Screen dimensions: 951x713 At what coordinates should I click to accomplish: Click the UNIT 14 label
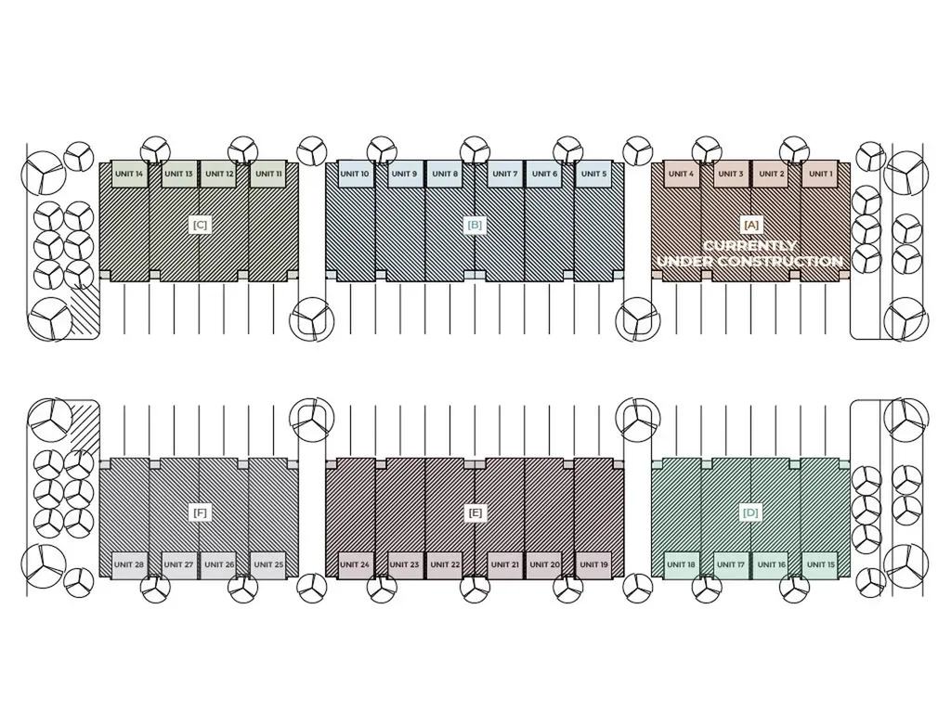pos(129,174)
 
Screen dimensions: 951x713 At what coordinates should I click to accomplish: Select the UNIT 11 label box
pos(268,174)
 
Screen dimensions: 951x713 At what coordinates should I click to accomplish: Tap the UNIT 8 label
pos(445,174)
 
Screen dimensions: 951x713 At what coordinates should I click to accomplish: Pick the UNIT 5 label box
pos(593,174)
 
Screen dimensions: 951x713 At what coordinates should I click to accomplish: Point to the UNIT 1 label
pos(821,174)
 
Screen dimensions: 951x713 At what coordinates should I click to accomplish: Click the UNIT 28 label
pos(129,564)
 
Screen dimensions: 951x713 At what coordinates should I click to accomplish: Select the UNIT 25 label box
pos(268,564)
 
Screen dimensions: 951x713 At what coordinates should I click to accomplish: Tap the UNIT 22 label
pos(445,564)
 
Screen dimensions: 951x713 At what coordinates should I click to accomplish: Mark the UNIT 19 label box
pos(593,564)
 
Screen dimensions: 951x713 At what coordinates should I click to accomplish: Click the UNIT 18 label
pos(681,564)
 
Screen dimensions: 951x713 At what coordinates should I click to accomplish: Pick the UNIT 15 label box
pos(821,564)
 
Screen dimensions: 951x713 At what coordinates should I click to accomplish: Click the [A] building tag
pos(750,225)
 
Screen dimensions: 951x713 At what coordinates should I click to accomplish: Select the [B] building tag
pos(475,225)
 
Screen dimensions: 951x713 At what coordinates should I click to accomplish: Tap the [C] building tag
pos(200,225)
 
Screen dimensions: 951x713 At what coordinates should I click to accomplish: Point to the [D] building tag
pos(750,512)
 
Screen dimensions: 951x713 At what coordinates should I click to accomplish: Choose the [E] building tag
pos(475,512)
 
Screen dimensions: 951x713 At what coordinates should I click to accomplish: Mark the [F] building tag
pos(200,512)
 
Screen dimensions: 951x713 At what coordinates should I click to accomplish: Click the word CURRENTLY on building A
pos(749,245)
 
